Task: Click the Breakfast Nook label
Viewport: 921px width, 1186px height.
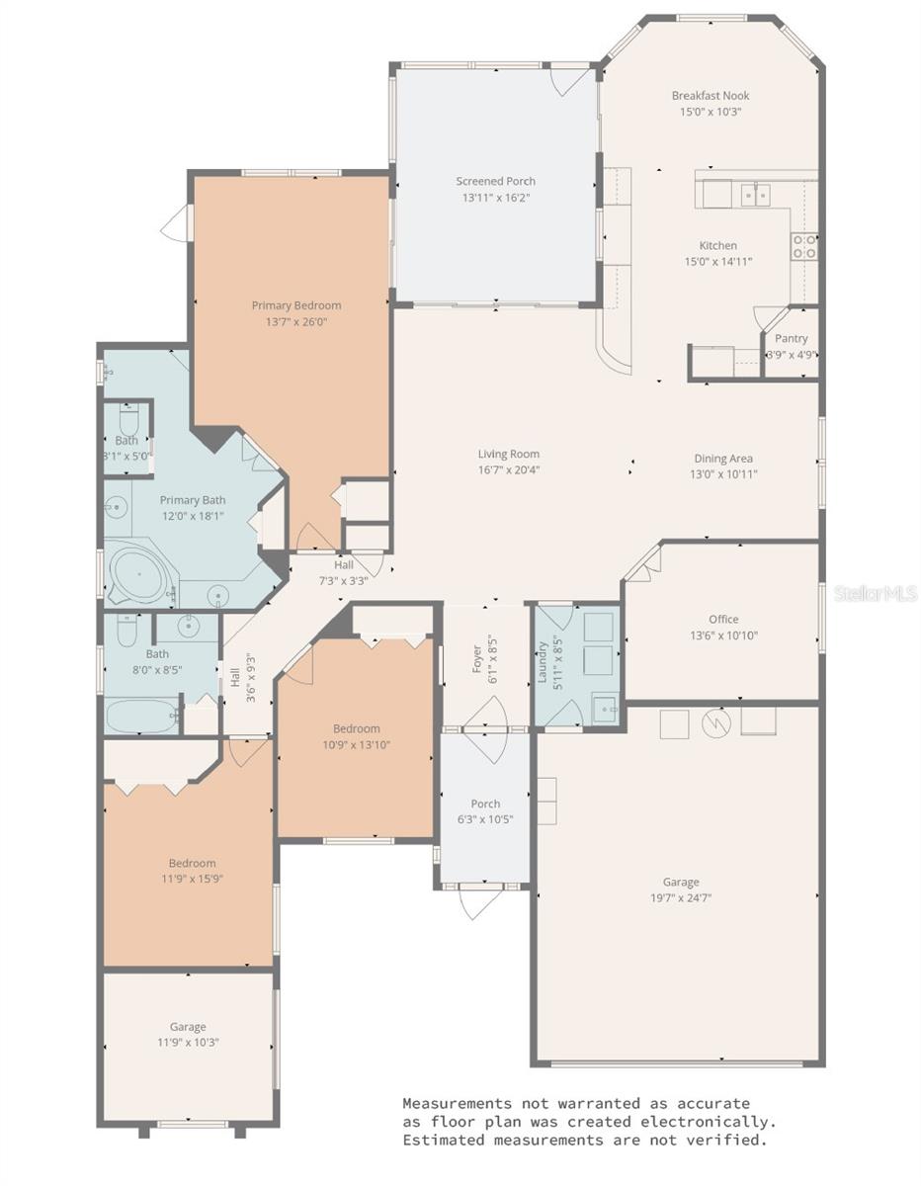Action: click(710, 96)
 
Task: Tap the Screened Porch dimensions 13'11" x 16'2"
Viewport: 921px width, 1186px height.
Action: click(495, 198)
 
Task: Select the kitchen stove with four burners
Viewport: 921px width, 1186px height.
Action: click(804, 246)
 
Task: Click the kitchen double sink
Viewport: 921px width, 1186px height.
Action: click(756, 195)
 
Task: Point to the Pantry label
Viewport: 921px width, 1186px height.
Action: click(791, 338)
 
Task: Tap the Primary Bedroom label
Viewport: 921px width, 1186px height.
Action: click(295, 305)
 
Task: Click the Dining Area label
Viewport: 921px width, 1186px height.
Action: click(722, 459)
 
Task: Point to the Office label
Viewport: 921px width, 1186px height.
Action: click(722, 620)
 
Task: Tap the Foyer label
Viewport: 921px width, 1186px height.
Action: click(477, 660)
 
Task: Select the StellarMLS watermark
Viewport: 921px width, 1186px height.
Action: click(876, 593)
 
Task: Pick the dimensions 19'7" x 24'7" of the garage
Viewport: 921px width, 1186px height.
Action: click(681, 898)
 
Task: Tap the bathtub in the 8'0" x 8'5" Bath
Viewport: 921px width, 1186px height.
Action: click(142, 716)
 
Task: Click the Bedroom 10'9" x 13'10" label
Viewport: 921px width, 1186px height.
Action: click(356, 729)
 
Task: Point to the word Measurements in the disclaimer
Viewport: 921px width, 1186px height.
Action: click(457, 1103)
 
